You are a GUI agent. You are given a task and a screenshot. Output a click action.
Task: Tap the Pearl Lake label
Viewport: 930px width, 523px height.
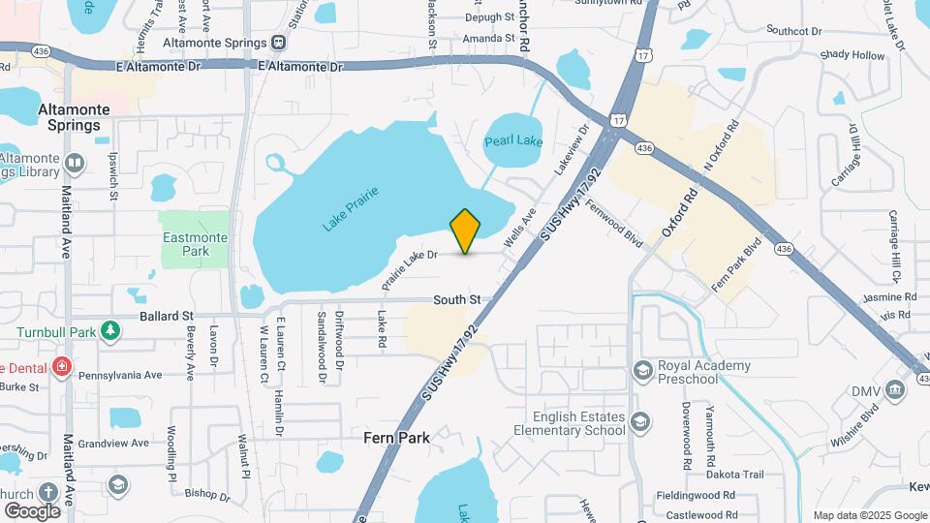(x=513, y=140)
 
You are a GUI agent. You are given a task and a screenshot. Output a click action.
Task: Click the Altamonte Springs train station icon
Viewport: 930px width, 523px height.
(x=279, y=42)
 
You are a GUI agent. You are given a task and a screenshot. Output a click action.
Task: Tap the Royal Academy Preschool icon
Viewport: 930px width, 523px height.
(x=641, y=370)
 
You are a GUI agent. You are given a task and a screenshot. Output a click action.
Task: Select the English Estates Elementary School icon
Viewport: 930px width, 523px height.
(x=639, y=421)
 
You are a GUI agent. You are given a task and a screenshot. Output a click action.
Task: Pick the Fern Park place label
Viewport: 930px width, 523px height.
(x=396, y=438)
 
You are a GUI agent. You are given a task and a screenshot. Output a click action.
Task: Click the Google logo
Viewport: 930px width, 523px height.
(x=32, y=510)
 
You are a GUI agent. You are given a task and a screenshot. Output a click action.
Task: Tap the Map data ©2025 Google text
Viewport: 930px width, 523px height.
(x=869, y=515)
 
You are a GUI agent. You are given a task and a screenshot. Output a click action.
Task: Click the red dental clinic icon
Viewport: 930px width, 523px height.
(x=61, y=366)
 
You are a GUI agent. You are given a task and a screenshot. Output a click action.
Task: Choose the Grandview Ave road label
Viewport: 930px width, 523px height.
(x=113, y=444)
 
